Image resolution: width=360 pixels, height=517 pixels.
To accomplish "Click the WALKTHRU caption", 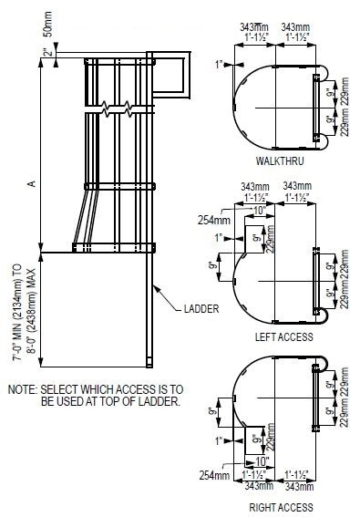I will coord(274,160).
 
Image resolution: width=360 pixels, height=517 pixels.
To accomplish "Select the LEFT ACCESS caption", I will coord(285,336).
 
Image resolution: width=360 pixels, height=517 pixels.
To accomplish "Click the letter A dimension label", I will coord(31,184).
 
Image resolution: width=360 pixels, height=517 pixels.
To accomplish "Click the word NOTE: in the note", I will coord(22,389).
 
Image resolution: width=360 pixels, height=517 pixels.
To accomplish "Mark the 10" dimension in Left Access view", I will coord(258,210).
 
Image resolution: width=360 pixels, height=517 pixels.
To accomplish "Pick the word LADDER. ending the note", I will coord(160,401).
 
